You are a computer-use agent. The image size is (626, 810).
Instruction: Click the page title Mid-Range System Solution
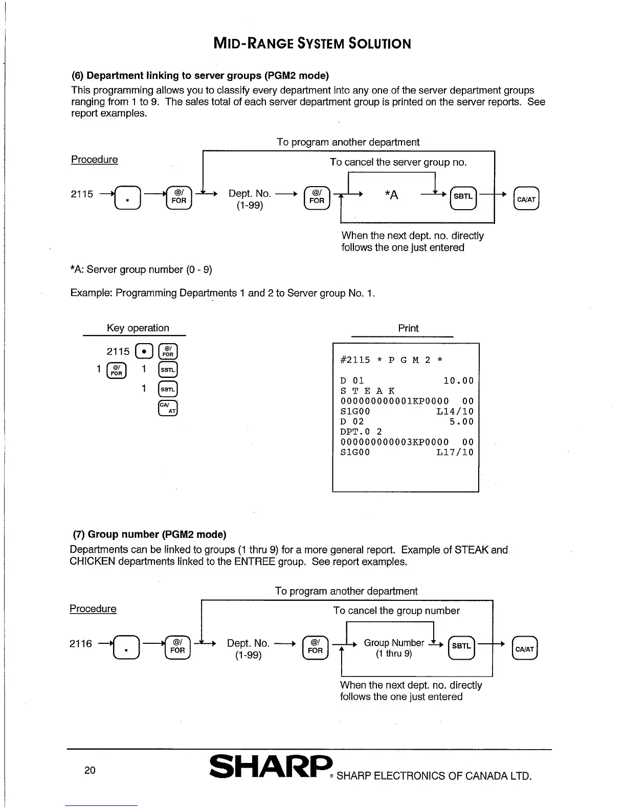coord(312,43)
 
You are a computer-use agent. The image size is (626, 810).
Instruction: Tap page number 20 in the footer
coord(90,770)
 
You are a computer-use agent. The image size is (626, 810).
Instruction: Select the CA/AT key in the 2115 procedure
coord(526,199)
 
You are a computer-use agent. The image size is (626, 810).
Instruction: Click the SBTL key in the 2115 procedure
coord(463,197)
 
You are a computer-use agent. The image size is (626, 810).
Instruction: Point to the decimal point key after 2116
coord(126,648)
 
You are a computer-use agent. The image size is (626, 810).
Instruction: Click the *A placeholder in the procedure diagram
coord(391,195)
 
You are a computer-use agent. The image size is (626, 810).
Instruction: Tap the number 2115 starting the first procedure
coord(82,194)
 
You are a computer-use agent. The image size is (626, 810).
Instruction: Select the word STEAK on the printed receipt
coord(367,391)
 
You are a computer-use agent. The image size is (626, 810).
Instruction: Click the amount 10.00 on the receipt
coord(458,381)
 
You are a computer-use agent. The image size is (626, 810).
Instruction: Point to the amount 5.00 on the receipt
coord(461,422)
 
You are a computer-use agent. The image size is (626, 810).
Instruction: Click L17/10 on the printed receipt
coord(455,453)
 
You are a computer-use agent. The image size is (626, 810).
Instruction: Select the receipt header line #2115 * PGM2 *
coord(392,360)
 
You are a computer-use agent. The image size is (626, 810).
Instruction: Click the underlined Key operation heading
coord(138,328)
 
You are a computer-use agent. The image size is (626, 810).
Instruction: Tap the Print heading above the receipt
coord(408,328)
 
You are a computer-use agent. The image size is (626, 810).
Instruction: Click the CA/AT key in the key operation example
coord(168,408)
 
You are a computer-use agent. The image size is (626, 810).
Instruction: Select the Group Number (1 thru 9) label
coord(394,648)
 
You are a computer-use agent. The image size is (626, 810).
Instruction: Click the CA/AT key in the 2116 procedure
coord(525,649)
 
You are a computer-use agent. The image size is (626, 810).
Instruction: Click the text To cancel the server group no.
coord(398,163)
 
